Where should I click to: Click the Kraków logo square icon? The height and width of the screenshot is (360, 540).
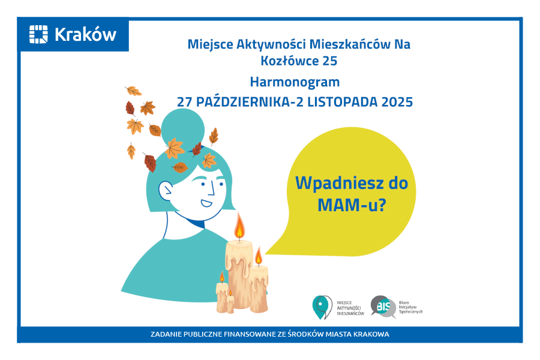(x=38, y=34)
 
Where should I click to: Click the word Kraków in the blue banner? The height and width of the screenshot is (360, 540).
(x=85, y=35)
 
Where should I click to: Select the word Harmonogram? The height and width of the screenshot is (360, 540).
(x=295, y=82)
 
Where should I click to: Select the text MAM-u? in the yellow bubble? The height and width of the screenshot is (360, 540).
(x=351, y=205)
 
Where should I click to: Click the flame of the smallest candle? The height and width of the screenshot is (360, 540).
(x=230, y=292)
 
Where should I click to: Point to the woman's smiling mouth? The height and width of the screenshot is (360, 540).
(x=206, y=202)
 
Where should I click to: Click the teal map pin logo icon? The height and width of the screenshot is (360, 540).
(x=322, y=307)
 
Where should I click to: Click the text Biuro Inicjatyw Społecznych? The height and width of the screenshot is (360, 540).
(x=410, y=307)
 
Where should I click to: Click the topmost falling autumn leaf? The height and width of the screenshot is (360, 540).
(x=133, y=91)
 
